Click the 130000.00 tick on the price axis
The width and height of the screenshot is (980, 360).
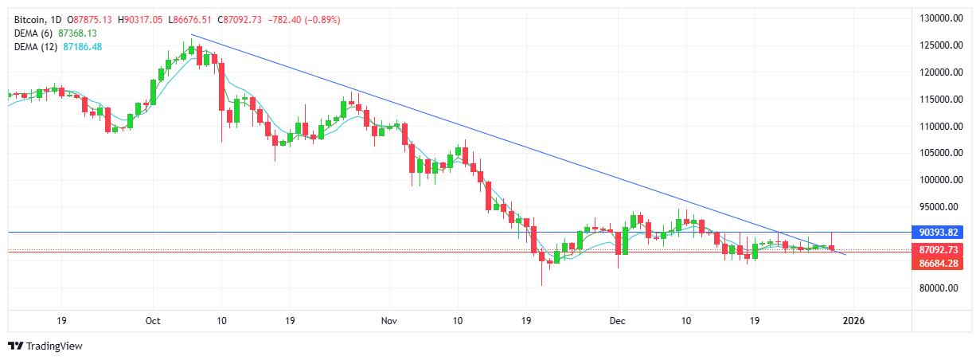pos(936,18)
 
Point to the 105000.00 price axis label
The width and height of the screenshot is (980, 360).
pos(936,153)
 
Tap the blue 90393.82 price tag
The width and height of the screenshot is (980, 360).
pos(937,232)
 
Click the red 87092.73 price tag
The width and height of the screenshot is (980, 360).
pos(937,250)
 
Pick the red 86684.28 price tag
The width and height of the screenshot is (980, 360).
pos(937,263)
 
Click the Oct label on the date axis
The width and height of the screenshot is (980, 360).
pos(154,321)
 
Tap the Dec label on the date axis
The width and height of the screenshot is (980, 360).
pos(617,321)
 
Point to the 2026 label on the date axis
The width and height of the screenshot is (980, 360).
pos(853,321)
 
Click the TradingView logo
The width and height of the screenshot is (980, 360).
pos(45,346)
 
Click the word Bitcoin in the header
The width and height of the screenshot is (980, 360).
pos(29,18)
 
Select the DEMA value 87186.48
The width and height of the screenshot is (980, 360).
pos(84,47)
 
